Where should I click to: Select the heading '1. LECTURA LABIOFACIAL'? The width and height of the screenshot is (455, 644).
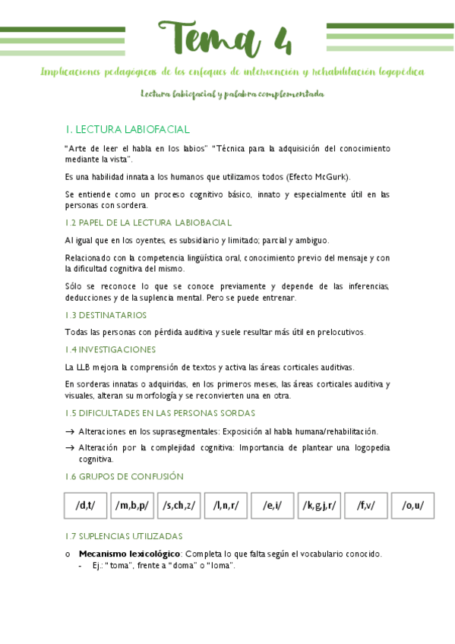pos(127,130)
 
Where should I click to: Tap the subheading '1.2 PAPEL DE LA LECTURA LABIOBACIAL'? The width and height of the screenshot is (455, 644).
pos(148,223)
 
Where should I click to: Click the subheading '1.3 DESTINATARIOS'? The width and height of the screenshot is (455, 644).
pos(106,315)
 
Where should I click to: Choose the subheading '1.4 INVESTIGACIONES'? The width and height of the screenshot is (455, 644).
pos(110,349)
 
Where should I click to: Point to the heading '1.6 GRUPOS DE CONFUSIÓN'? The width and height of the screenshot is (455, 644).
pos(124,476)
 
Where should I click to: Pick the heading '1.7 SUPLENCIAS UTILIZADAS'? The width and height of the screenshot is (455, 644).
pos(123,536)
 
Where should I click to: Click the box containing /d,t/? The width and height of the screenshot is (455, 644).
pos(85,505)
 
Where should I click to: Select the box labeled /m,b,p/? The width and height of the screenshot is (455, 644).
pos(132,505)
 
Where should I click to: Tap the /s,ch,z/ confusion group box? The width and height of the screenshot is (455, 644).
pos(179,505)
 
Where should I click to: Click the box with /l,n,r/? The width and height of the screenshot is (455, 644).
pos(226,505)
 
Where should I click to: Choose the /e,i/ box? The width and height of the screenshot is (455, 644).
pos(273,505)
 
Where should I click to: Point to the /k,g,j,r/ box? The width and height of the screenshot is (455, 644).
pos(319,505)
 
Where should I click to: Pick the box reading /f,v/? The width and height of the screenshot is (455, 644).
pos(366,505)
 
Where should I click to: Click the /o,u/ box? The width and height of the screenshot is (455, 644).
pos(412,505)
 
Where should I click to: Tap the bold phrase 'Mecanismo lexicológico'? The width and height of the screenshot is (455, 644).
pos(129,554)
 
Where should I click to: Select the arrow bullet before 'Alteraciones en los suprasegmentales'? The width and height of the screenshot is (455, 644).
pos(70,431)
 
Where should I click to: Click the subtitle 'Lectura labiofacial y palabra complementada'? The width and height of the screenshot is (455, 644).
pos(232,94)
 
